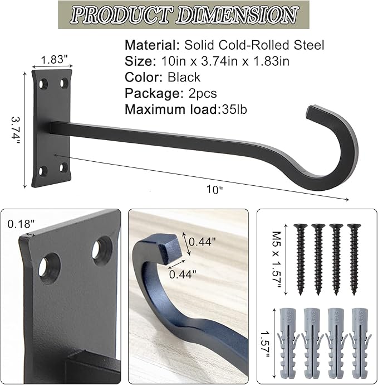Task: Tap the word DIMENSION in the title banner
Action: [x=234, y=15]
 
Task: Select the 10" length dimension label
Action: [x=213, y=189]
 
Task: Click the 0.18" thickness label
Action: [x=22, y=224]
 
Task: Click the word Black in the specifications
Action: [x=182, y=77]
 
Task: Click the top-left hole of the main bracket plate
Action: [x=44, y=84]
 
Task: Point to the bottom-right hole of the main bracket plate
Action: [x=63, y=167]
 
